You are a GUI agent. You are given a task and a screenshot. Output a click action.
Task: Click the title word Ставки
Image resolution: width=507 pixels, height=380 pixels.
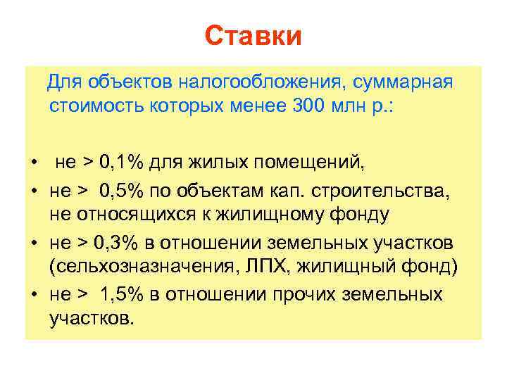254,36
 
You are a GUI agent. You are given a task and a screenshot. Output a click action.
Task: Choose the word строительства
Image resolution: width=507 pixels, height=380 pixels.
399,191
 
